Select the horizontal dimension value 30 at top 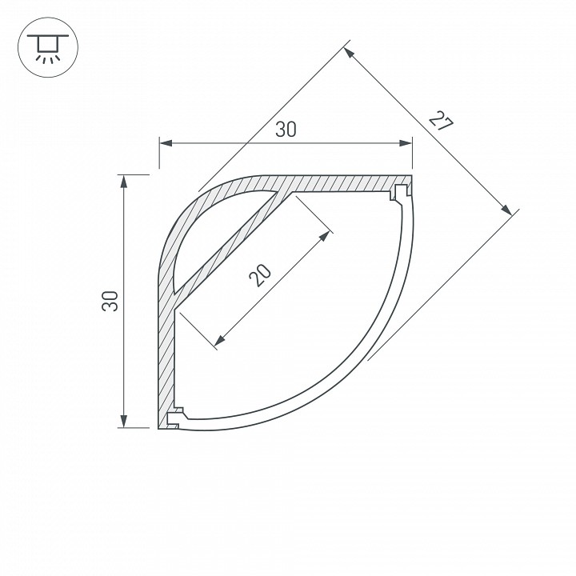[286, 130]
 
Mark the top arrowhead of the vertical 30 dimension [123, 181]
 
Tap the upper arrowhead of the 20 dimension [325, 235]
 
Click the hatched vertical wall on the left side [166, 352]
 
